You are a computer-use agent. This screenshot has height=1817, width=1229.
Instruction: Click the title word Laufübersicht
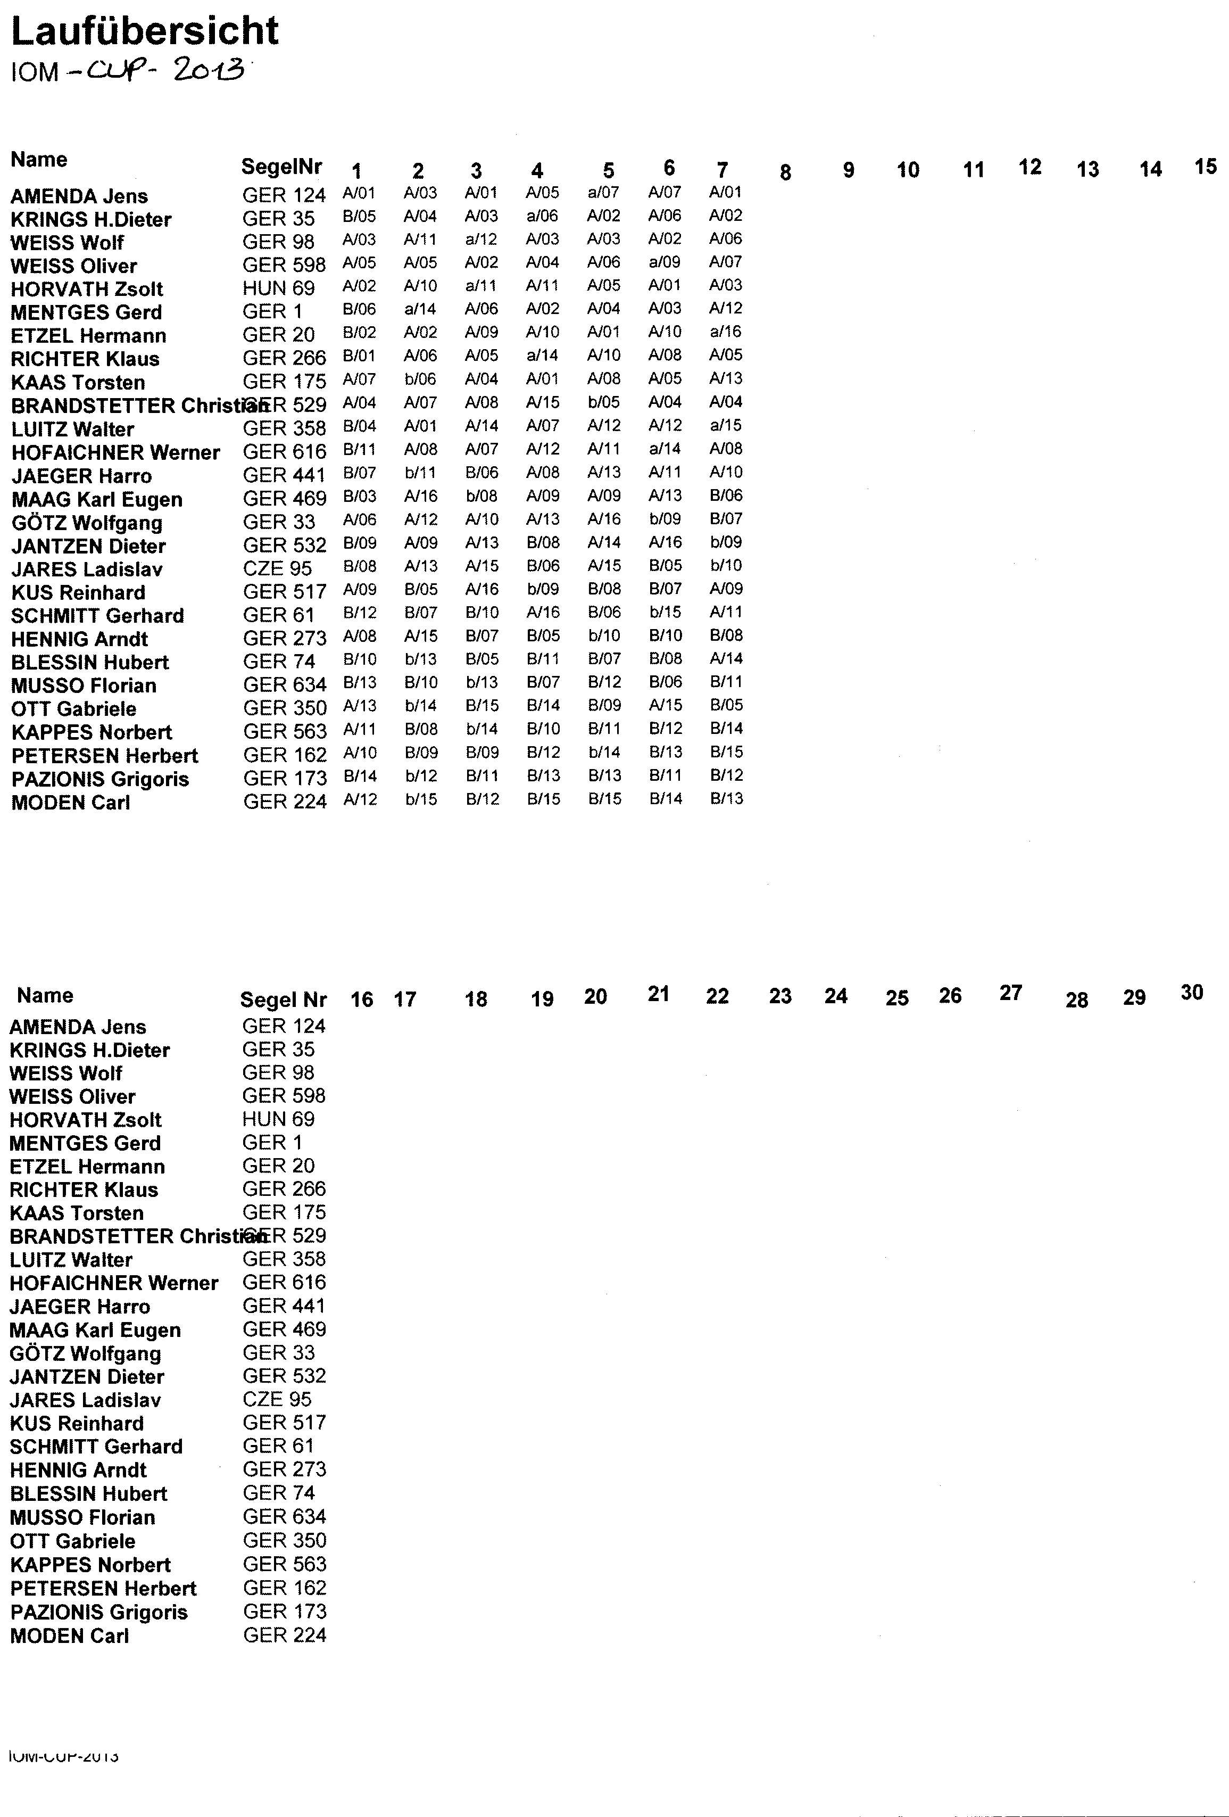tap(145, 31)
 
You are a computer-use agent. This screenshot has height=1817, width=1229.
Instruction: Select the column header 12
tap(1029, 167)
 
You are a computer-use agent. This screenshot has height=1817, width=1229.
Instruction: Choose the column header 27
tap(1010, 993)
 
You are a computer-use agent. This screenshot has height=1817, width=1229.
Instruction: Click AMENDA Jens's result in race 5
tap(603, 192)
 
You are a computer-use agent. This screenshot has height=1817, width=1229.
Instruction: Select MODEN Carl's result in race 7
tap(726, 798)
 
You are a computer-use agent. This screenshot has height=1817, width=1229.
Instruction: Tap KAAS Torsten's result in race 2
tap(421, 379)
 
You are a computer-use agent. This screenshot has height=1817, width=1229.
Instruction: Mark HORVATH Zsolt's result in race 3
tap(481, 285)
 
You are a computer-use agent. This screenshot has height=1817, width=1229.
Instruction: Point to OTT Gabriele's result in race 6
tap(666, 705)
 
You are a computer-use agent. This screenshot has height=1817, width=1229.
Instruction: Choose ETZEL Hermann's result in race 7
tap(726, 332)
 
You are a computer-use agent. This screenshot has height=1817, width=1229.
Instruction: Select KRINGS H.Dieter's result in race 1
tap(360, 216)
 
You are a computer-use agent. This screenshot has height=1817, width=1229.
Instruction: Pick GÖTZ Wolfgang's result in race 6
tap(666, 518)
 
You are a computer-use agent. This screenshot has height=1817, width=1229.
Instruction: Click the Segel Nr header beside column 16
tap(283, 999)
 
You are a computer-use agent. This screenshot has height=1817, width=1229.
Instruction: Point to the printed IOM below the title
tap(35, 73)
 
